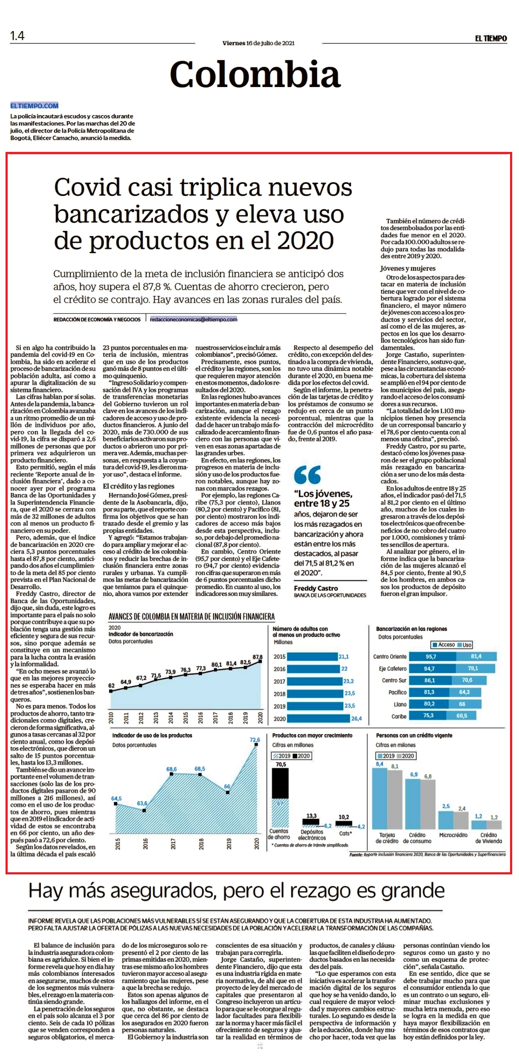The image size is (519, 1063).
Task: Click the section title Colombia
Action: click(x=255, y=74)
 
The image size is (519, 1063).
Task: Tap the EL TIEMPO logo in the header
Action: click(x=491, y=38)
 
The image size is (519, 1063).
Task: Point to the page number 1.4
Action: click(x=17, y=36)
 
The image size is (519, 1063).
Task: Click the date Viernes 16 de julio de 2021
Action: click(x=258, y=43)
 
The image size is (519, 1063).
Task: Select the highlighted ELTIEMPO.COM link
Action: click(x=35, y=105)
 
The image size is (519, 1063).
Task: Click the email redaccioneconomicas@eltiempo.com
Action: click(x=194, y=319)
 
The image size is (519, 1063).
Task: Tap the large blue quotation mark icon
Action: click(x=307, y=475)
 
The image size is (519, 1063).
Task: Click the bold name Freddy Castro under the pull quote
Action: click(x=316, y=588)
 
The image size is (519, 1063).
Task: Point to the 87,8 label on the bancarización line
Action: click(x=258, y=657)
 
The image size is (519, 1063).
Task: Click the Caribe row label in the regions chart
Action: click(x=399, y=716)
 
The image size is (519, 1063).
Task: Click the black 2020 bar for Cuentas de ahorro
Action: click(x=281, y=783)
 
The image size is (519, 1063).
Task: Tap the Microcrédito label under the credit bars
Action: click(x=453, y=835)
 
